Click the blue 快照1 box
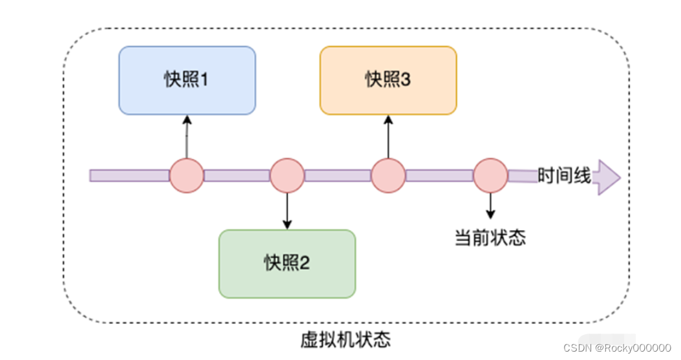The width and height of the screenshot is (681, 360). point(187,80)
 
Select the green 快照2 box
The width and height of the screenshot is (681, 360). point(287,264)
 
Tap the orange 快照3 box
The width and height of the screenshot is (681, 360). point(388,80)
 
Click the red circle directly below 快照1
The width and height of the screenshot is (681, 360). point(187,175)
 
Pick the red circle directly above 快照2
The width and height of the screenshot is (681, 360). point(287,175)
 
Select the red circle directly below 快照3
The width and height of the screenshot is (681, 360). point(388,175)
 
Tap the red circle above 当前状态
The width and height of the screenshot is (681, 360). point(490,175)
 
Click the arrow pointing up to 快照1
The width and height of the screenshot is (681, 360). point(187,136)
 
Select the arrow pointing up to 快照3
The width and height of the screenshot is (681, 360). point(388,136)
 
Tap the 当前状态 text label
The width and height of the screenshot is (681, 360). point(490,238)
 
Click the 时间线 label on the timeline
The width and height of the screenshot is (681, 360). point(564,175)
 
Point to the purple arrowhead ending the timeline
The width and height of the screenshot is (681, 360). point(607,176)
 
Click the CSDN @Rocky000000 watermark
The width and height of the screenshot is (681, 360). point(617,348)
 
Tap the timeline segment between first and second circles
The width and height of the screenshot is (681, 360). point(236,176)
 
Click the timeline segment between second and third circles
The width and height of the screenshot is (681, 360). point(337,176)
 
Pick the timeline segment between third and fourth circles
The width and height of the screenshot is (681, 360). point(439,176)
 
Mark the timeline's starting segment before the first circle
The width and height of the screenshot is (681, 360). point(129,176)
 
